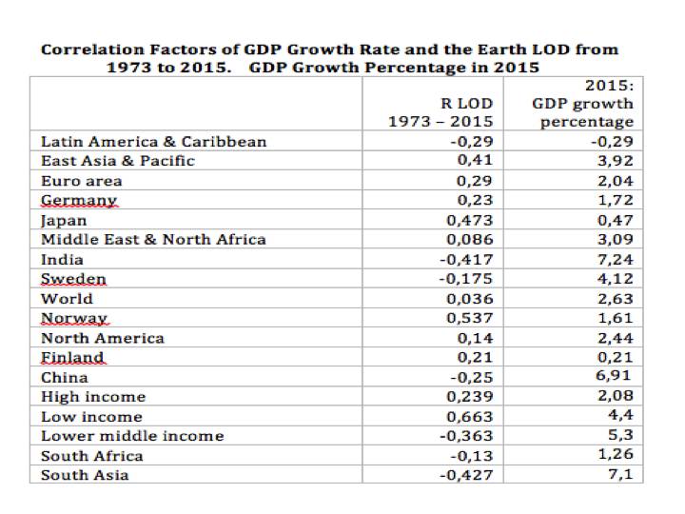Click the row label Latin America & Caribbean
tap(153, 142)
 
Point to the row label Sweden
tap(73, 279)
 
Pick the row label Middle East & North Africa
tap(153, 240)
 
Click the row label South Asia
tap(85, 475)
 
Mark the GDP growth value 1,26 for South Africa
tap(616, 456)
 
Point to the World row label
tap(67, 299)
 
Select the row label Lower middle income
tap(132, 436)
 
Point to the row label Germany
tap(79, 201)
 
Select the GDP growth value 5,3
tap(621, 436)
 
